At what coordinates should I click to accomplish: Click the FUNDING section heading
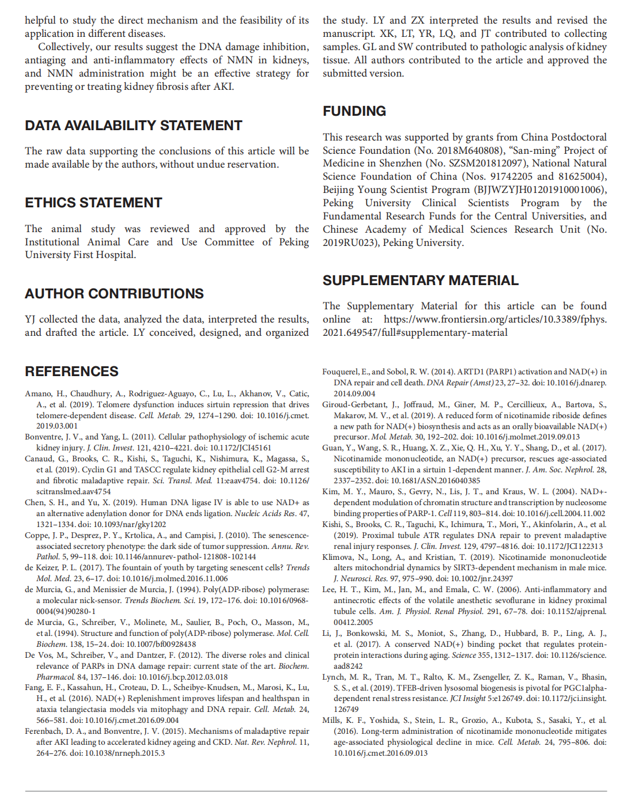point(354,111)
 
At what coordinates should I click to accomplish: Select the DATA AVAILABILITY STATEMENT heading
point(133,126)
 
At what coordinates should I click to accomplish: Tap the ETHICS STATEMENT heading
point(93,203)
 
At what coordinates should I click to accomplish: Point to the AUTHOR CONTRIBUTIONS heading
point(114,294)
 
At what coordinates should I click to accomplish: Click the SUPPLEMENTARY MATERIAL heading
point(420,281)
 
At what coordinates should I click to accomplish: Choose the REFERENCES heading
point(71,372)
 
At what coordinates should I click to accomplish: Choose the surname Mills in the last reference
point(332,721)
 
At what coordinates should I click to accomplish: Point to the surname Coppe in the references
point(37,536)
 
